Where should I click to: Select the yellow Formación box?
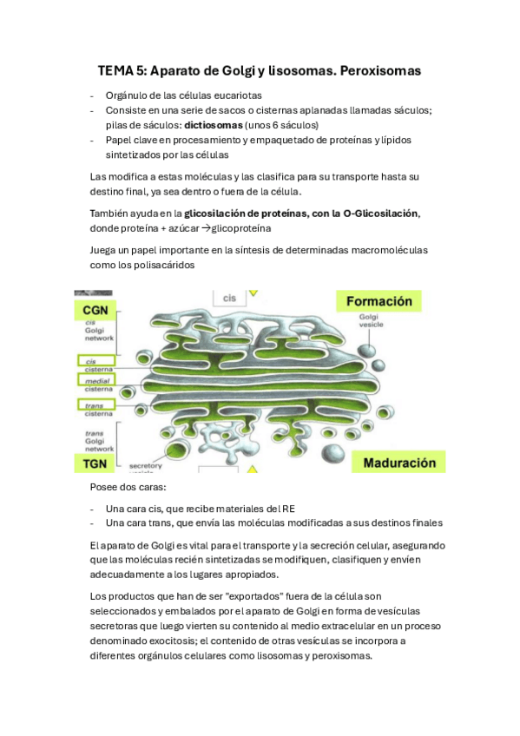pos(379,301)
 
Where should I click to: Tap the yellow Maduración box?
pos(399,463)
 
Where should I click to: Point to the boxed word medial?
pos(95,380)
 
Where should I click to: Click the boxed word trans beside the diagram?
pos(93,404)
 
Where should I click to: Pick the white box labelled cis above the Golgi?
pos(229,298)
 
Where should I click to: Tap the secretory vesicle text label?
pos(146,468)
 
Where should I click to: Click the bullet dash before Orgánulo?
pos(93,95)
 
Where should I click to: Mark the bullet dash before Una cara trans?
pos(93,523)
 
